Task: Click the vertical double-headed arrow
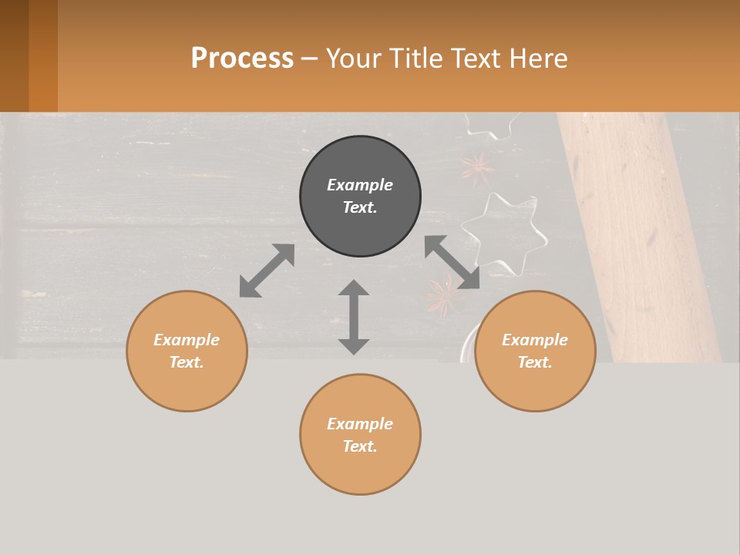point(354,317)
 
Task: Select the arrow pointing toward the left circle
point(267,271)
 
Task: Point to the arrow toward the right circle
point(452,262)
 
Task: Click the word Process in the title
point(242,58)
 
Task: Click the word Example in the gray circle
point(360,185)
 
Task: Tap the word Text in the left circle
point(187,362)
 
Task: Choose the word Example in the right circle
point(535,340)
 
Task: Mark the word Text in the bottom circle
point(360,446)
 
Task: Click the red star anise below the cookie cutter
point(442,297)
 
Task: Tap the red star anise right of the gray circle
point(477,167)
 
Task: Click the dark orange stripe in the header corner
point(43,55)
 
